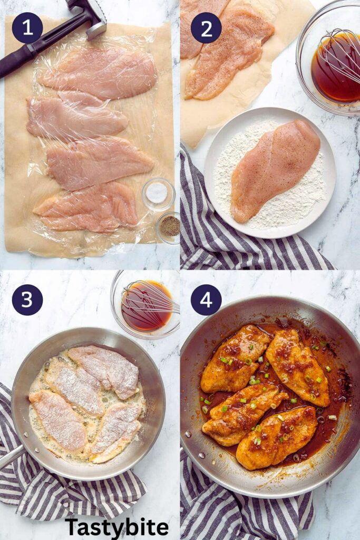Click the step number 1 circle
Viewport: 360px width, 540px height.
(27, 28)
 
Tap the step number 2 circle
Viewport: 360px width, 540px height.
(206, 28)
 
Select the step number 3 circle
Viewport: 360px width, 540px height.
(27, 300)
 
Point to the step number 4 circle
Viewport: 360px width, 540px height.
(206, 300)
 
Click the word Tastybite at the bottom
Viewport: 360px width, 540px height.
(116, 527)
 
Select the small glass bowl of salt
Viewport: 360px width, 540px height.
(158, 194)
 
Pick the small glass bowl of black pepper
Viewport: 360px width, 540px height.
(169, 227)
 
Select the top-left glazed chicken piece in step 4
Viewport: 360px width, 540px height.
(235, 359)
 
